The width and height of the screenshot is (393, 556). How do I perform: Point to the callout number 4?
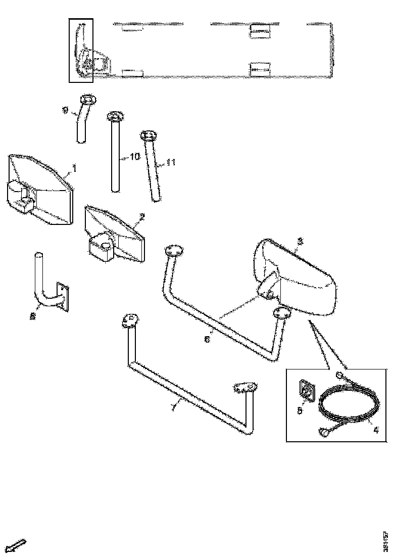pyautogui.click(x=375, y=431)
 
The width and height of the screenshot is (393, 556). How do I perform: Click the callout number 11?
pyautogui.click(x=170, y=163)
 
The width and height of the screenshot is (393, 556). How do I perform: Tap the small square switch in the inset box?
pyautogui.click(x=306, y=390)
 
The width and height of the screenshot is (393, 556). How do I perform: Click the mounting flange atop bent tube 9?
pyautogui.click(x=87, y=99)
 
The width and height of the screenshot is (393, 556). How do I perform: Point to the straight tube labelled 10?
pyautogui.click(x=115, y=157)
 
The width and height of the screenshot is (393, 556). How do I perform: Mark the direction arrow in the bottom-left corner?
pyautogui.click(x=17, y=546)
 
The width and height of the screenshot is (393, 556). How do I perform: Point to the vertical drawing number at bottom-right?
pyautogui.click(x=385, y=540)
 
